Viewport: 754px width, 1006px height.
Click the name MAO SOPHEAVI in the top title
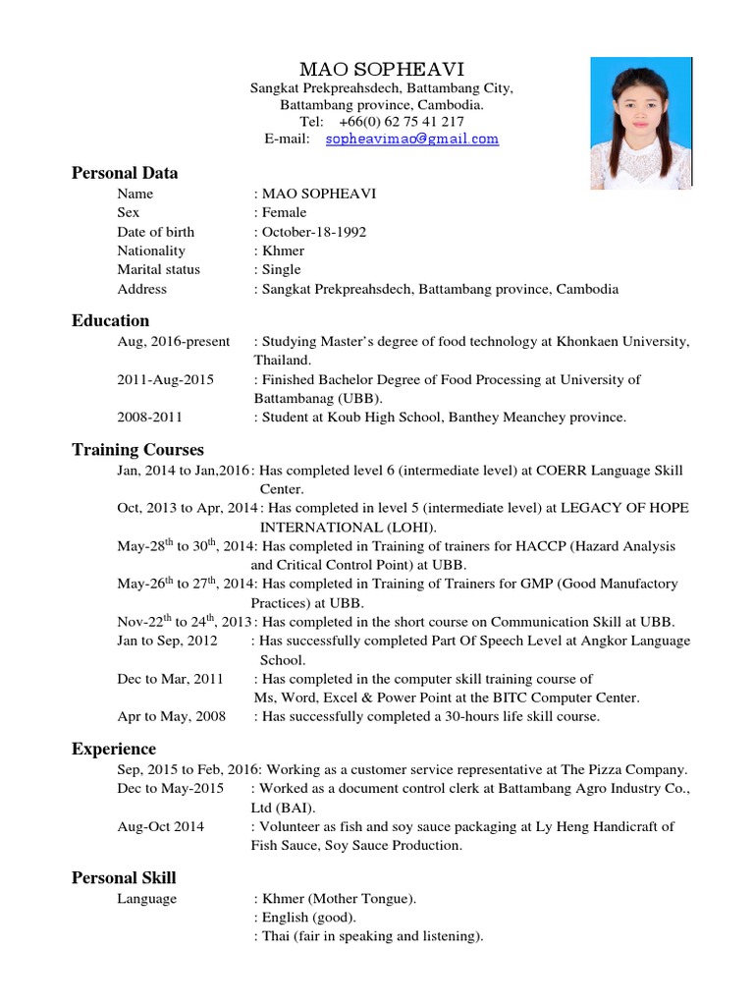tap(381, 69)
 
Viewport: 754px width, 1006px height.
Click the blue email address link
tap(411, 140)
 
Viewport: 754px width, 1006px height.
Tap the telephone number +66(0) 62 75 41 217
tap(402, 122)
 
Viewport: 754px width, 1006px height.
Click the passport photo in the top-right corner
tap(639, 123)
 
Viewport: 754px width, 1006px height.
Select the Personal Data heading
tap(125, 173)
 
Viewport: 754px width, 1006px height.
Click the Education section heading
tap(110, 320)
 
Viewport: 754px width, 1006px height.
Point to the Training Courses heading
tap(137, 450)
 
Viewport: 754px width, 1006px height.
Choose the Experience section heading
tap(114, 749)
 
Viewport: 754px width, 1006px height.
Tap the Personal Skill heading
tap(124, 877)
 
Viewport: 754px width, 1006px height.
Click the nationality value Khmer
tap(282, 251)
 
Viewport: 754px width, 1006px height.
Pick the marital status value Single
tap(280, 269)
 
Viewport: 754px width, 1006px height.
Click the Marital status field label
tap(158, 269)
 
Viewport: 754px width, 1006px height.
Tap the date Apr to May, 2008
tap(171, 716)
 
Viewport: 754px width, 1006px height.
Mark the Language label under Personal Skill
tap(146, 899)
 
